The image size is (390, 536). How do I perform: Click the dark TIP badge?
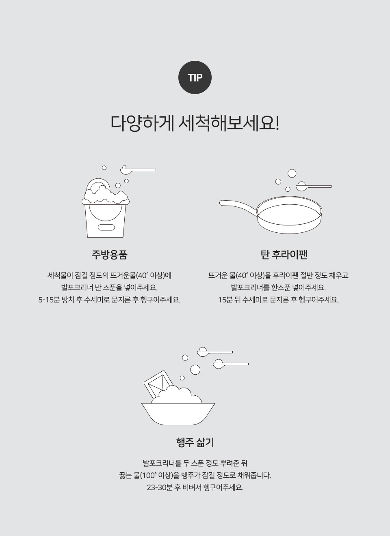click(x=195, y=77)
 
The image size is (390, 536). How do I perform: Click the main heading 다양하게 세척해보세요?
click(x=195, y=124)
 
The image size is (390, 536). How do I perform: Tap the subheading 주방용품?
click(x=109, y=255)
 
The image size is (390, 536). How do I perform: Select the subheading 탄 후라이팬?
click(x=284, y=255)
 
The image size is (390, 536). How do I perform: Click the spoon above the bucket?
click(x=138, y=169)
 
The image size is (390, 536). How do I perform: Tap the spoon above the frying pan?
click(x=314, y=186)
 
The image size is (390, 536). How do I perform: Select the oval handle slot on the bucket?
click(x=106, y=227)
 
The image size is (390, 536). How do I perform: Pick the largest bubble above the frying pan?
click(x=292, y=173)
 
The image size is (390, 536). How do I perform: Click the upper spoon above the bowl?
click(x=215, y=352)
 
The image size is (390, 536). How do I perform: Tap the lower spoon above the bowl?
click(x=231, y=364)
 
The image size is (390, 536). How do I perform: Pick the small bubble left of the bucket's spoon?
click(x=104, y=168)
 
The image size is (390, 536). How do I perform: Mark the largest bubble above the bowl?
click(x=195, y=370)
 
